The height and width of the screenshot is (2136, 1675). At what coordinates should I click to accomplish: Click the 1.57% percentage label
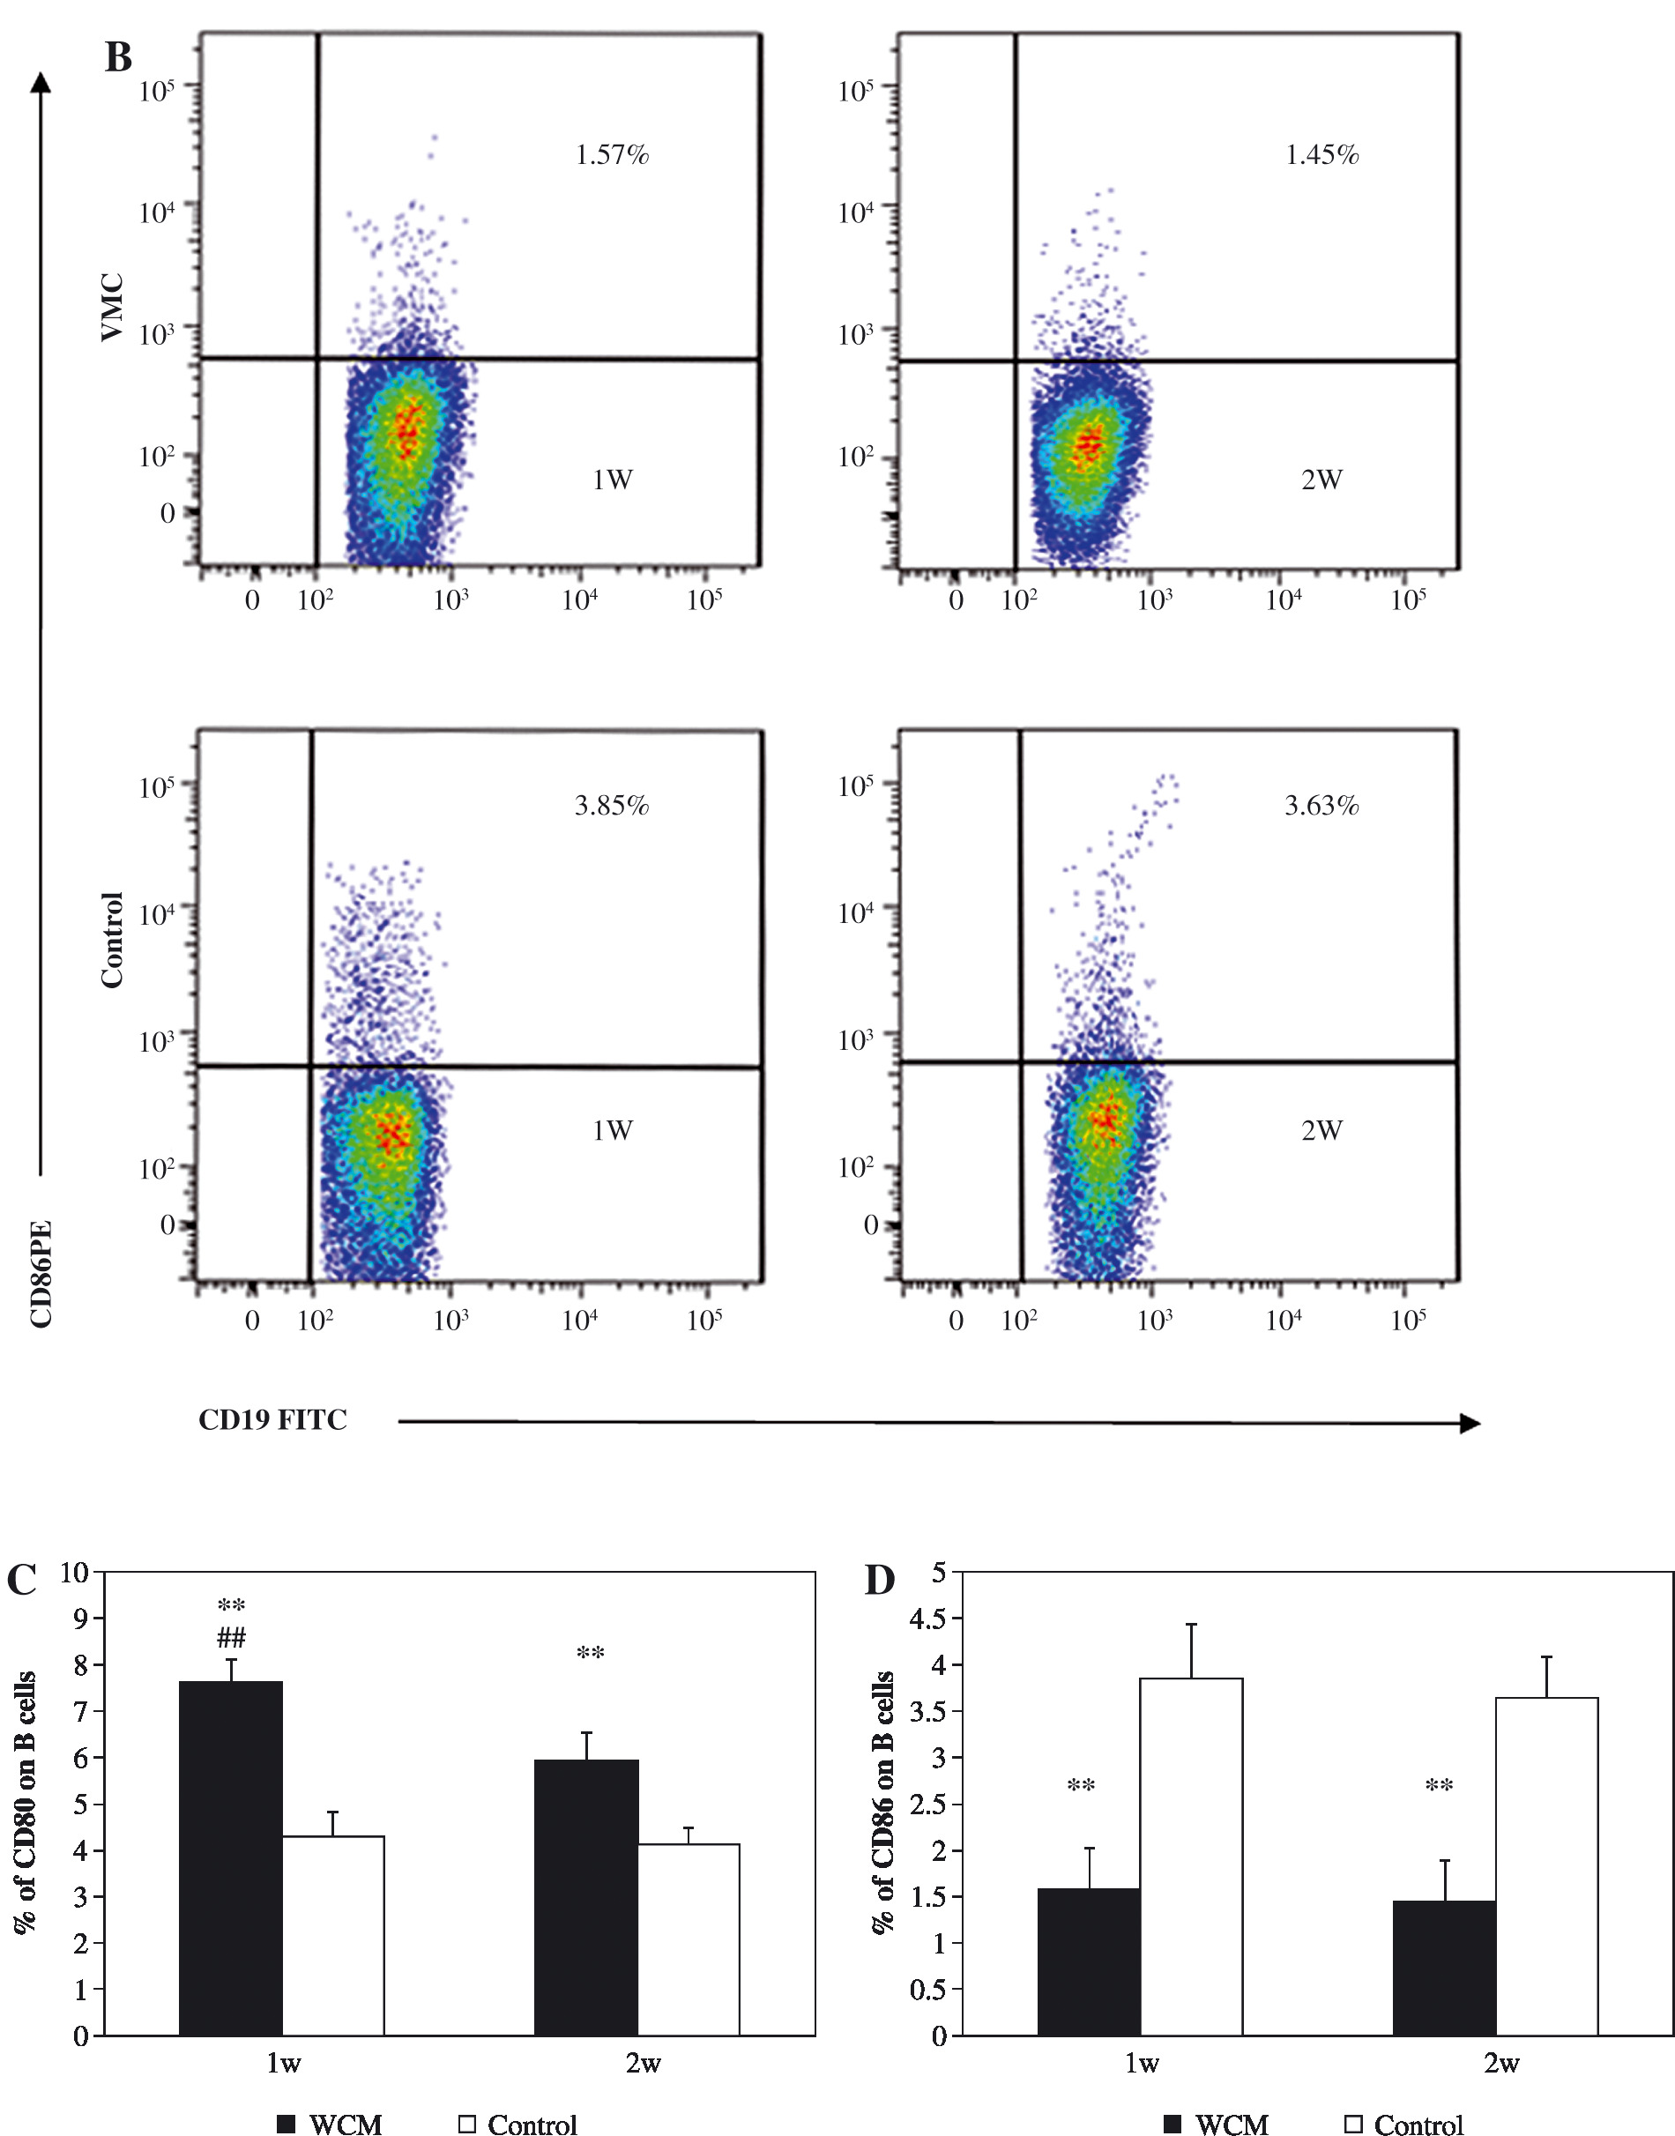pyautogui.click(x=612, y=155)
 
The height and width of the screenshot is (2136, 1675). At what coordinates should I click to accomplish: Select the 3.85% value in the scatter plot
pyautogui.click(x=612, y=806)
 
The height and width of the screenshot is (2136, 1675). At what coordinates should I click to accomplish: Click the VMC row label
pyautogui.click(x=113, y=307)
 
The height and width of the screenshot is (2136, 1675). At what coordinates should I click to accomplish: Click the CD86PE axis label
pyautogui.click(x=41, y=1274)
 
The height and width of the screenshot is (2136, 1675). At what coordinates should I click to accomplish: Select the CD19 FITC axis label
pyautogui.click(x=272, y=1420)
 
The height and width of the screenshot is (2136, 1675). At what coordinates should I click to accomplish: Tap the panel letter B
pyautogui.click(x=119, y=58)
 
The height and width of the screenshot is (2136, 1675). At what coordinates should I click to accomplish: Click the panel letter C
pyautogui.click(x=21, y=1580)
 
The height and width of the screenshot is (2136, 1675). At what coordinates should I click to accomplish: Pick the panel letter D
pyautogui.click(x=880, y=1580)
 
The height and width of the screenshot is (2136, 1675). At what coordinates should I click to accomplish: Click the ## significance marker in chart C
pyautogui.click(x=232, y=1637)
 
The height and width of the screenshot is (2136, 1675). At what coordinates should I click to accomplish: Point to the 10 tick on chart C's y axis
pyautogui.click(x=75, y=1573)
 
